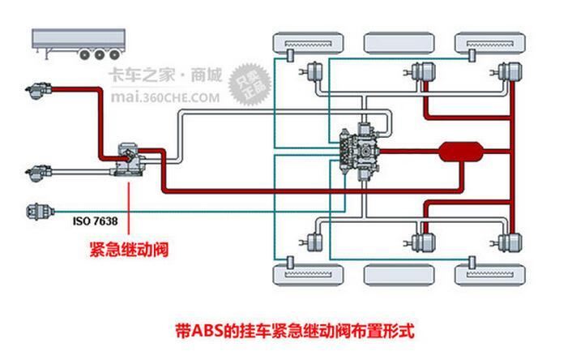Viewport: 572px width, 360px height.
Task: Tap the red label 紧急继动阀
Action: (x=129, y=248)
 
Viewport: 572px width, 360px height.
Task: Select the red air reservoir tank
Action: (x=460, y=152)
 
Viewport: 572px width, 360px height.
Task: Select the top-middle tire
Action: (x=397, y=41)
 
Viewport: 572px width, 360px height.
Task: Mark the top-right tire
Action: (x=488, y=41)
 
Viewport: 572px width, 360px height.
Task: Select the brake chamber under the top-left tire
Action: (x=312, y=74)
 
